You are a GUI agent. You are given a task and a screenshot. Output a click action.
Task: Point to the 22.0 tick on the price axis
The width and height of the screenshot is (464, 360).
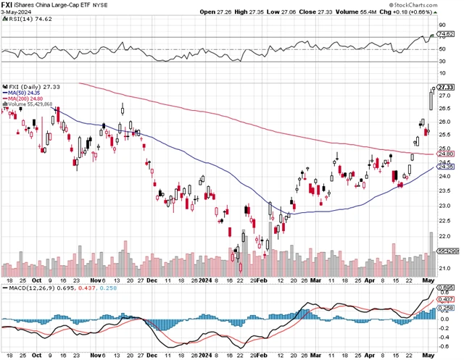point(445,236)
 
